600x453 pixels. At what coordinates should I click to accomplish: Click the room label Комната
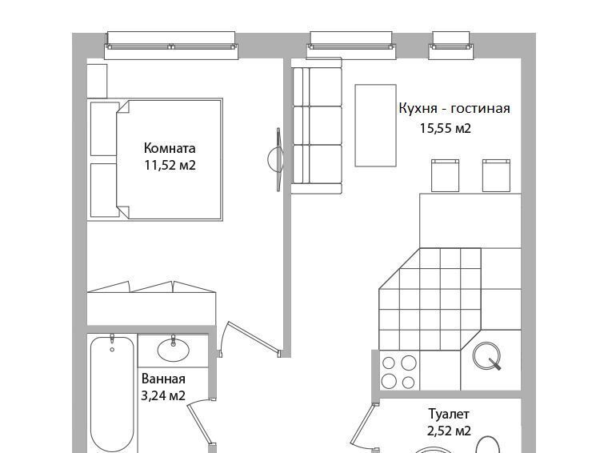pos(170,148)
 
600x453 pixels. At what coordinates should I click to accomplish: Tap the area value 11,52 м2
pos(170,165)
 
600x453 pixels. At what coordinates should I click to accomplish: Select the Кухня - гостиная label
pos(454,108)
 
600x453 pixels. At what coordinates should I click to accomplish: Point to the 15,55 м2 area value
pos(445,128)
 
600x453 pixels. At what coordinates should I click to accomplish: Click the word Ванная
pos(163,379)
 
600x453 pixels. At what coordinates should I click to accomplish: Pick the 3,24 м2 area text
pos(163,395)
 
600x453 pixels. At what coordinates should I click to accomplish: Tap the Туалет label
pos(449,414)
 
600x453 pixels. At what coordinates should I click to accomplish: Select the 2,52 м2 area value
pos(449,431)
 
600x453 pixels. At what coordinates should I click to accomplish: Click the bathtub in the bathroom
pos(112,392)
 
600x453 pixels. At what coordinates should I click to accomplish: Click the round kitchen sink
pos(486,355)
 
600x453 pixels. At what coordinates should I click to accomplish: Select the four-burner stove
pos(399,371)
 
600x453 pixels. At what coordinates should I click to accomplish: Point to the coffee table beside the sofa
pos(375,126)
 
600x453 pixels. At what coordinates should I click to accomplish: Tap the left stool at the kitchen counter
pos(445,175)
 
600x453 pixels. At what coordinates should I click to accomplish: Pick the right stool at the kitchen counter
pos(496,175)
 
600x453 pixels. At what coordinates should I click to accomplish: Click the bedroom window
pos(171,46)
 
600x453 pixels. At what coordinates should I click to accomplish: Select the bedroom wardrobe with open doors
pos(151,303)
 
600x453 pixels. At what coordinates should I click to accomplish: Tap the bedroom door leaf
pos(254,336)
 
